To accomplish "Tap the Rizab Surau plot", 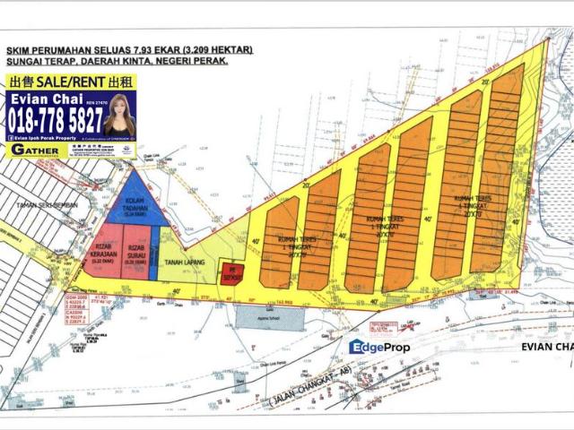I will coord(138,253).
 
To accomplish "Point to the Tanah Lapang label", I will coord(182,262).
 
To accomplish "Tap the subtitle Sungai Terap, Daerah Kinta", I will coord(116,64).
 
